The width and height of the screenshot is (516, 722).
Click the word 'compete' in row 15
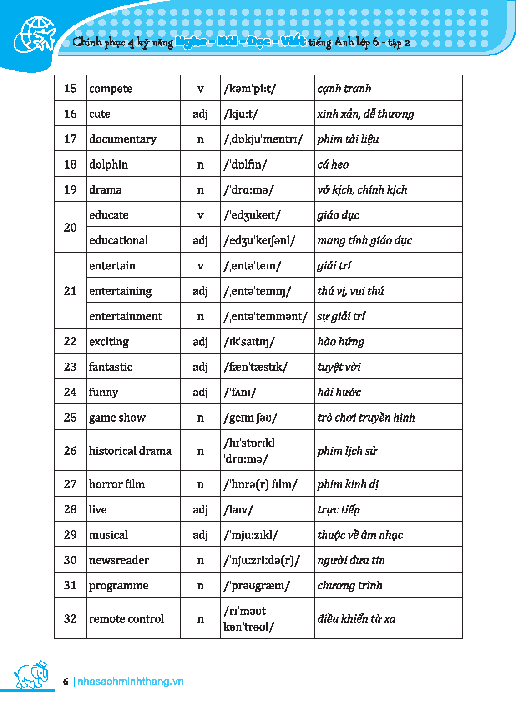[111, 88]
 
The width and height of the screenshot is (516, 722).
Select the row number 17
[70, 139]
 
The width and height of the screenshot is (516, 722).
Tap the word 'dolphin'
[108, 164]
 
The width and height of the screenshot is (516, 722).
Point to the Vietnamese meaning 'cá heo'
[333, 164]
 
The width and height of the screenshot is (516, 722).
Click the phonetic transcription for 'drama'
[248, 190]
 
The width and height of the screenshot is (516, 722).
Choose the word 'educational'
[118, 240]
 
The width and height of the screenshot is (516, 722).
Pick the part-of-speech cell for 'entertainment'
[200, 316]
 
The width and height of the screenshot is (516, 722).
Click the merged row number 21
[70, 291]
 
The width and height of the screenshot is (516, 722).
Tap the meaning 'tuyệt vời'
[339, 367]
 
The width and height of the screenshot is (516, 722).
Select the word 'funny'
[103, 392]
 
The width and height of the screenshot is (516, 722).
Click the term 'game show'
[117, 418]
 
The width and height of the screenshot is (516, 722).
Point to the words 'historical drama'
[130, 451]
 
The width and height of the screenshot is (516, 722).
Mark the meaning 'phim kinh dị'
[348, 484]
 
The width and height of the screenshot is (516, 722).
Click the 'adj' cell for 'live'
[200, 509]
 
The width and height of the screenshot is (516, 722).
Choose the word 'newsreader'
[119, 560]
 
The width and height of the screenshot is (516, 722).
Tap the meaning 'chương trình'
[350, 585]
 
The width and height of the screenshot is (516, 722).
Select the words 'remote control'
[126, 619]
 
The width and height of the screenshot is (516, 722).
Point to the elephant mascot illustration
[31, 674]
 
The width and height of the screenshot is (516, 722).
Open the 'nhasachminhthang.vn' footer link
[130, 682]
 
